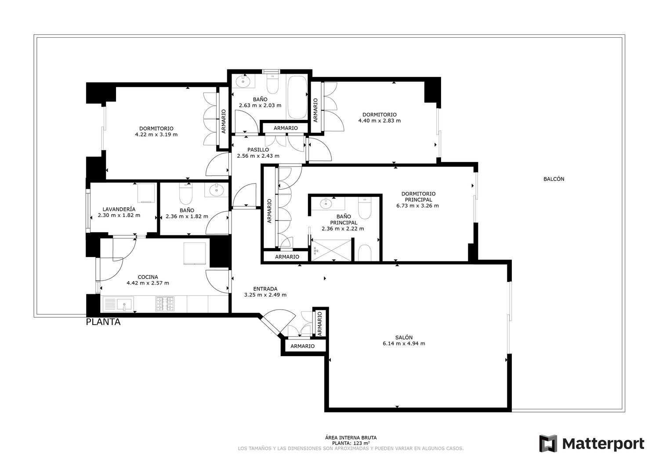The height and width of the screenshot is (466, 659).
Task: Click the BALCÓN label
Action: [x=554, y=179]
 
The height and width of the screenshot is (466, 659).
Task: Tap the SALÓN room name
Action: [x=404, y=337]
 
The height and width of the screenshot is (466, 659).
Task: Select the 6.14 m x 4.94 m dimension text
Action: [x=404, y=343]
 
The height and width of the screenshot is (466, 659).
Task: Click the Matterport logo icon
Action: [x=548, y=443]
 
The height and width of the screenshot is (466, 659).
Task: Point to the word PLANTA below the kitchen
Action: [x=103, y=322]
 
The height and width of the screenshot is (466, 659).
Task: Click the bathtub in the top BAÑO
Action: [x=297, y=97]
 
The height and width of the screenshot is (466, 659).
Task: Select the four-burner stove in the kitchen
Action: [x=165, y=304]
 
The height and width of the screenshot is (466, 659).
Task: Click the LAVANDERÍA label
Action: [x=119, y=209]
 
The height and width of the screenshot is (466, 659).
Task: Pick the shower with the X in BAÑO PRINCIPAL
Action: [x=331, y=250]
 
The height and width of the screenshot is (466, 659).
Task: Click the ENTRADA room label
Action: [x=265, y=289]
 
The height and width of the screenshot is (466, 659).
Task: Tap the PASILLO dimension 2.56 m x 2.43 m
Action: [x=258, y=156]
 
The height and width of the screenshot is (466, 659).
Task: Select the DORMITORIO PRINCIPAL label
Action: [x=418, y=196]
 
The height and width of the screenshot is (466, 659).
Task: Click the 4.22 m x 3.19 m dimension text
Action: [x=156, y=134]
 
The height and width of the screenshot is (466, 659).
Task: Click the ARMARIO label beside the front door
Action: [x=302, y=346]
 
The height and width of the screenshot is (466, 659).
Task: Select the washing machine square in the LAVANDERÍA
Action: [x=146, y=193]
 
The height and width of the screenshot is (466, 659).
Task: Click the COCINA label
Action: [x=148, y=277]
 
